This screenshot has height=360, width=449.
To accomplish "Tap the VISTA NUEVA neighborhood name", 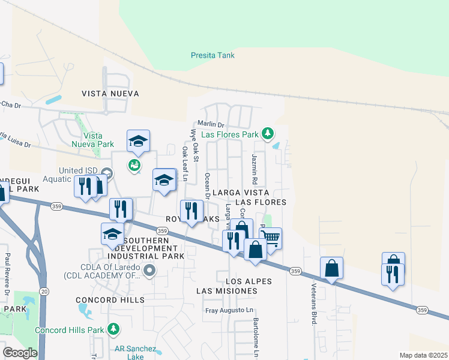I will (x=110, y=94).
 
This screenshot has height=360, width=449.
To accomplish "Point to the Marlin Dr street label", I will (x=211, y=124).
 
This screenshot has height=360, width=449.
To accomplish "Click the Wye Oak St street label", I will (x=194, y=145).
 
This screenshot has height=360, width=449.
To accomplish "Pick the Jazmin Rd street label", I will (x=255, y=169).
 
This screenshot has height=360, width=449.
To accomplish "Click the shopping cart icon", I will (x=271, y=238).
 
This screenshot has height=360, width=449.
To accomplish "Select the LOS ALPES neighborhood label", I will (x=249, y=281).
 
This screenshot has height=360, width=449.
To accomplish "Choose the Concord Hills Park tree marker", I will (x=112, y=329).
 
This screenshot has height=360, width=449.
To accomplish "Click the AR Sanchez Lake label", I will (x=135, y=353).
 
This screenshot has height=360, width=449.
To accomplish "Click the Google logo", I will (x=20, y=353).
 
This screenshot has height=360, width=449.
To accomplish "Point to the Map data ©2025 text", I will (x=423, y=355).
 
